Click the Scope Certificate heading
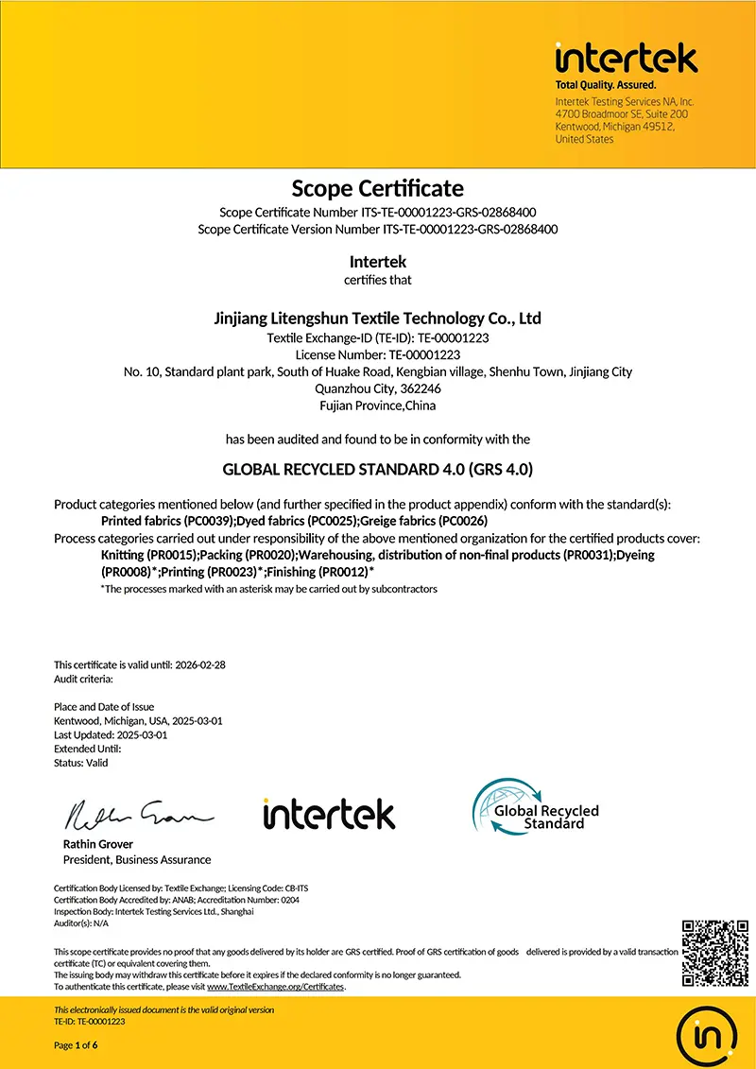click(x=377, y=188)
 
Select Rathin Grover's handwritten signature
click(x=138, y=812)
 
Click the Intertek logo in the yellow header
click(x=626, y=59)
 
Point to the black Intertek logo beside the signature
click(x=329, y=813)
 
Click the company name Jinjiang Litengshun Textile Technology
click(x=377, y=319)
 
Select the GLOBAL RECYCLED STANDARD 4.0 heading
click(x=377, y=469)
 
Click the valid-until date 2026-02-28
click(x=200, y=664)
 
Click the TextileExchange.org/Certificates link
click(x=275, y=987)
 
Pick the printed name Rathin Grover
click(x=98, y=844)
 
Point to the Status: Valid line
click(x=81, y=762)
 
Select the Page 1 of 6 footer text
click(x=76, y=1045)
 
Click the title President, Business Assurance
click(x=137, y=859)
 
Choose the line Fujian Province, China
click(x=377, y=405)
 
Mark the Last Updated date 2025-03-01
click(x=142, y=734)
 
